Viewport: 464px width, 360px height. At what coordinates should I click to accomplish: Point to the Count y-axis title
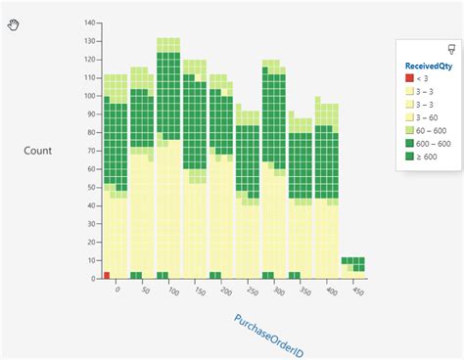click(38, 151)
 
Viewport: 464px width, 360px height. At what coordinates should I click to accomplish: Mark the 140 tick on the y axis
click(90, 22)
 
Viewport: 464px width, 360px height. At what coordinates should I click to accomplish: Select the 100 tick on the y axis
click(90, 96)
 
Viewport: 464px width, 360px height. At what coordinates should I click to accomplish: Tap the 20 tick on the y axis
click(92, 242)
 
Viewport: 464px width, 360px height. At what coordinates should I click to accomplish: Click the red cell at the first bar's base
click(106, 275)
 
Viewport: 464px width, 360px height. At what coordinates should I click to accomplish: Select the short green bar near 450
click(353, 264)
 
